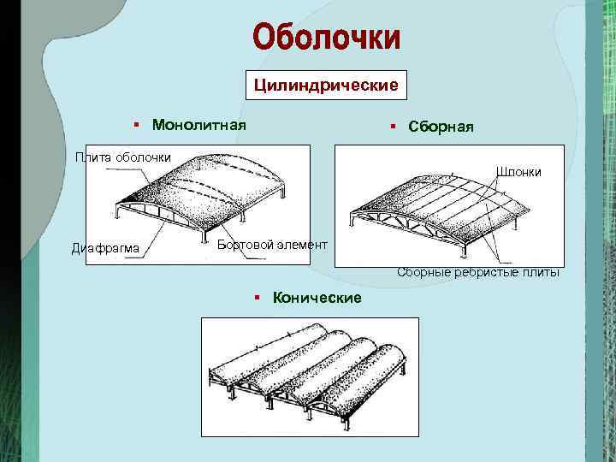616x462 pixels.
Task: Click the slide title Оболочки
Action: tap(326, 38)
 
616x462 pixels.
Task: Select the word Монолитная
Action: tap(198, 125)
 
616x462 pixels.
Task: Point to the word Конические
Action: tap(317, 297)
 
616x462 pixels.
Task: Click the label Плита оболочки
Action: tap(122, 156)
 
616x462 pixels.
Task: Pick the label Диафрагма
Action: tap(105, 248)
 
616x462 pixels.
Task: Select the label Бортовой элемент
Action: tap(272, 245)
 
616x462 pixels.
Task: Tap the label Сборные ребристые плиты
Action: tap(478, 273)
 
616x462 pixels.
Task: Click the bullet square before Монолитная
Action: tap(136, 125)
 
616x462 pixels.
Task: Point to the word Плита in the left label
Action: tap(92, 156)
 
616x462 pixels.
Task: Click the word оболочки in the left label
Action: tap(142, 156)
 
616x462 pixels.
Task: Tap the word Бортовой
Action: tap(243, 245)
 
